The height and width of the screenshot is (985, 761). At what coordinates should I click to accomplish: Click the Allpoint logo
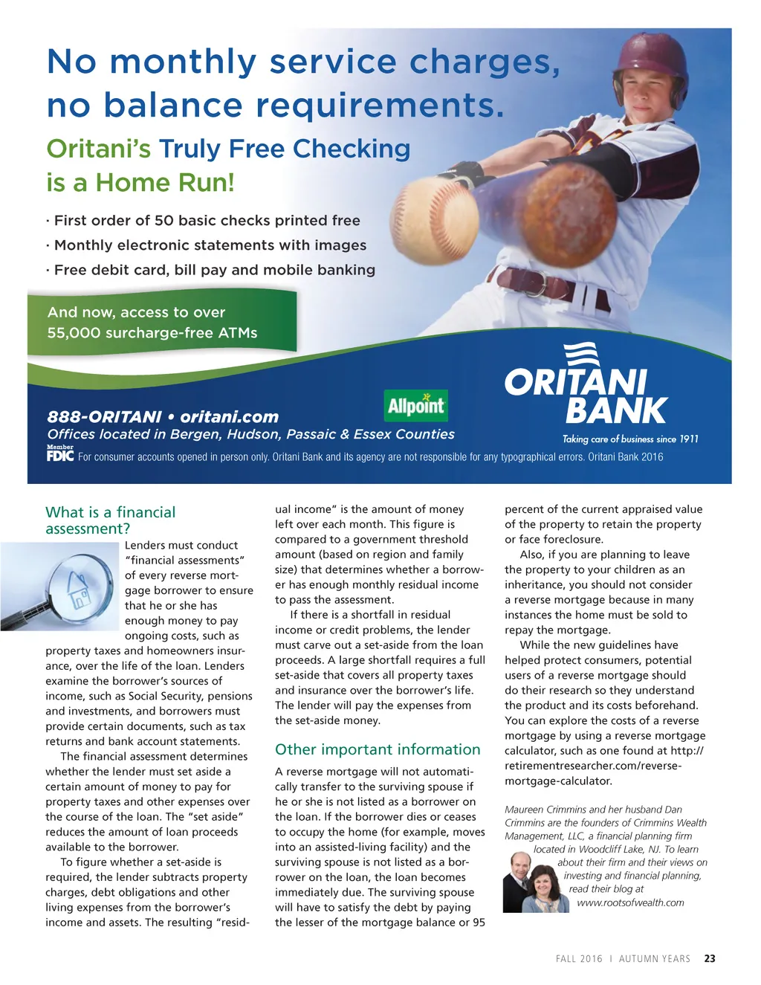pos(416,406)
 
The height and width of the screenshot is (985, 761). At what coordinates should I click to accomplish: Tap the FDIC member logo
pos(60,454)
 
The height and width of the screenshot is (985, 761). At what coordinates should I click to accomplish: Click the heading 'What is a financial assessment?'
pos(110,520)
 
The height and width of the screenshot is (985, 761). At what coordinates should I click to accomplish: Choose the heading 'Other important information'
pos(378,749)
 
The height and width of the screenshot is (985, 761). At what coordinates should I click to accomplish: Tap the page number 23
pos(710,959)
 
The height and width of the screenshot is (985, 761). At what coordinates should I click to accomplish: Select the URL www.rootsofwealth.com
pos(630,902)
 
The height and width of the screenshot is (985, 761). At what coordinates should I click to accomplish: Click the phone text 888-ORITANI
pos(104,417)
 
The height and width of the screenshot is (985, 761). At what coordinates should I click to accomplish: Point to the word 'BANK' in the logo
pos(616,411)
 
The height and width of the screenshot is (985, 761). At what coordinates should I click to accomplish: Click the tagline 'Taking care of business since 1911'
pos(630,439)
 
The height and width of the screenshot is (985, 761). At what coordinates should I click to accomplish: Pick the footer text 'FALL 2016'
pos(579,959)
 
